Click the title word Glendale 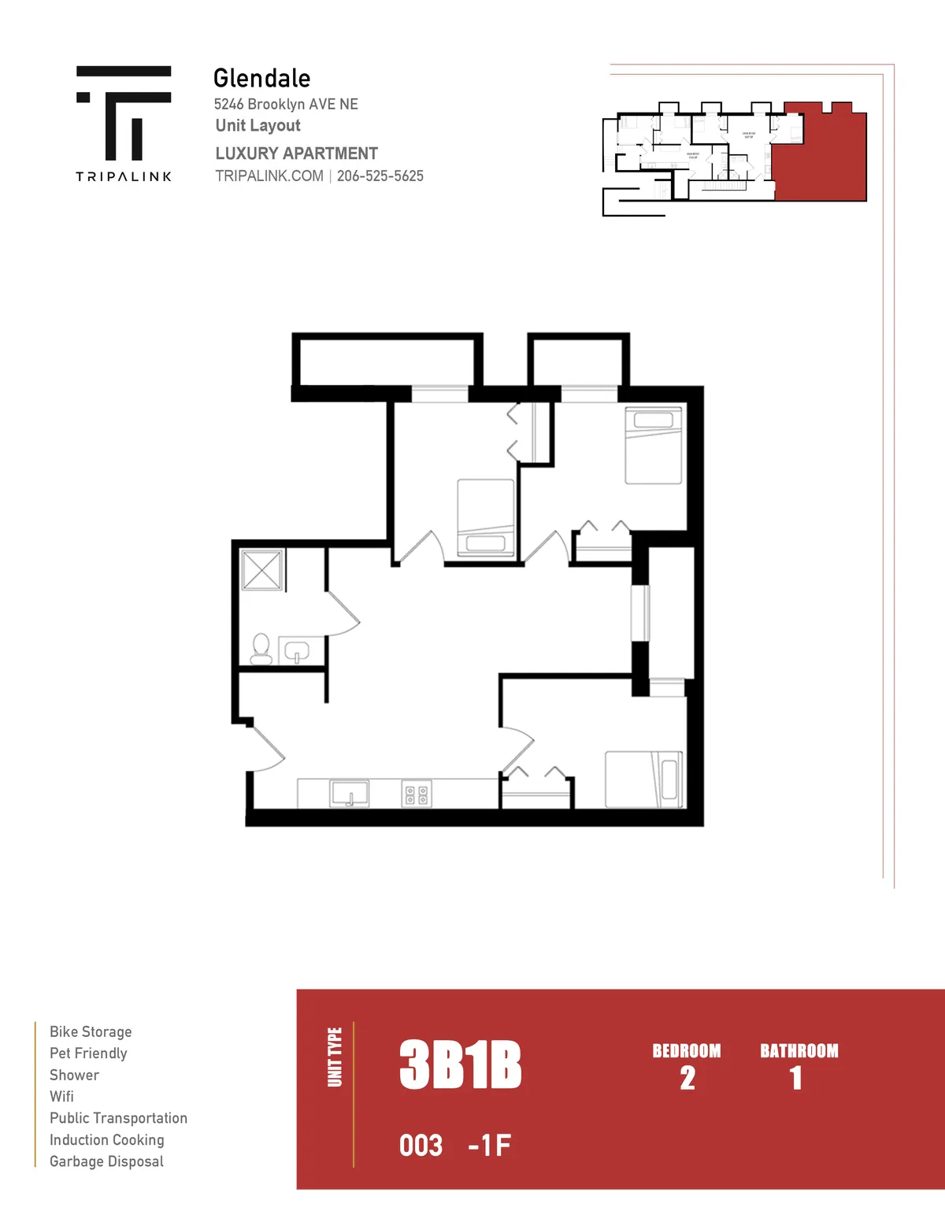pyautogui.click(x=261, y=79)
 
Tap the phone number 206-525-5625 pyautogui.click(x=380, y=176)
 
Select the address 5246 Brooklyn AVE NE pyautogui.click(x=286, y=104)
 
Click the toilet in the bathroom pyautogui.click(x=261, y=649)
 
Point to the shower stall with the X pyautogui.click(x=262, y=569)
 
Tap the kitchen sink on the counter pyautogui.click(x=349, y=793)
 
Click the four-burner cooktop pyautogui.click(x=417, y=794)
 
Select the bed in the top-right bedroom pyautogui.click(x=653, y=445)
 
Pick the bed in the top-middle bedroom pyautogui.click(x=486, y=517)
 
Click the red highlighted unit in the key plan pyautogui.click(x=819, y=154)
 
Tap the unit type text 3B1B pyautogui.click(x=460, y=1065)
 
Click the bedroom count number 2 pyautogui.click(x=687, y=1078)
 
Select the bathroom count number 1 pyautogui.click(x=796, y=1078)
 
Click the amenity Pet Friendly pyautogui.click(x=88, y=1054)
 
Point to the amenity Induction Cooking pyautogui.click(x=107, y=1140)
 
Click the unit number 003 pyautogui.click(x=421, y=1146)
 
